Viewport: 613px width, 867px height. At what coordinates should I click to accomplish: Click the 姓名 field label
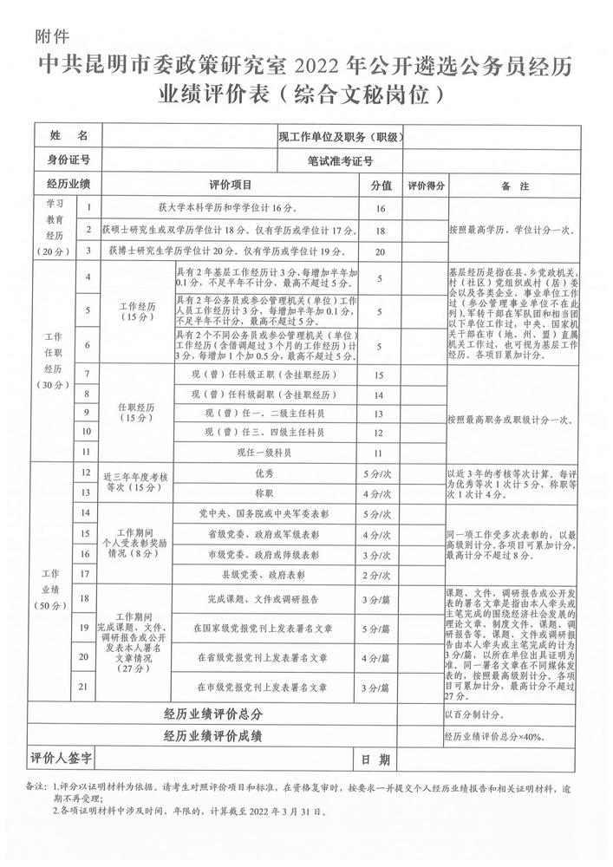pyautogui.click(x=68, y=136)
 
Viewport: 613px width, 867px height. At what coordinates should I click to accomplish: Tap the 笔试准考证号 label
pyautogui.click(x=340, y=160)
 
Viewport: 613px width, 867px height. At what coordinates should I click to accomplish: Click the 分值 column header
pyautogui.click(x=381, y=185)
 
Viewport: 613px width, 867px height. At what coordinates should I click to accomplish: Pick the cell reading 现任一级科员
pyautogui.click(x=264, y=452)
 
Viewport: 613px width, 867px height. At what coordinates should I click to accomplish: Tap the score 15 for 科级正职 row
pyautogui.click(x=379, y=375)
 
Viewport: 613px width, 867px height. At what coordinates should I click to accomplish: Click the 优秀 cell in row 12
pyautogui.click(x=264, y=474)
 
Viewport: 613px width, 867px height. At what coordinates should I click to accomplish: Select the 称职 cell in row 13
pyautogui.click(x=264, y=493)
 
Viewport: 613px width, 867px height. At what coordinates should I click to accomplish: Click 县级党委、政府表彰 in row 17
pyautogui.click(x=264, y=574)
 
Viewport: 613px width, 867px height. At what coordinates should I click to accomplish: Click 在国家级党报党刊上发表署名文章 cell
pyautogui.click(x=264, y=628)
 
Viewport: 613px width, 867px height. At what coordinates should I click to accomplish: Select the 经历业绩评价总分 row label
pyautogui.click(x=213, y=714)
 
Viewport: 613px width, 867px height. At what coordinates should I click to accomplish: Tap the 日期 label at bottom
pyautogui.click(x=375, y=759)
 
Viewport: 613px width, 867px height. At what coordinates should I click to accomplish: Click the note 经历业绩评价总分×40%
pyautogui.click(x=493, y=737)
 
